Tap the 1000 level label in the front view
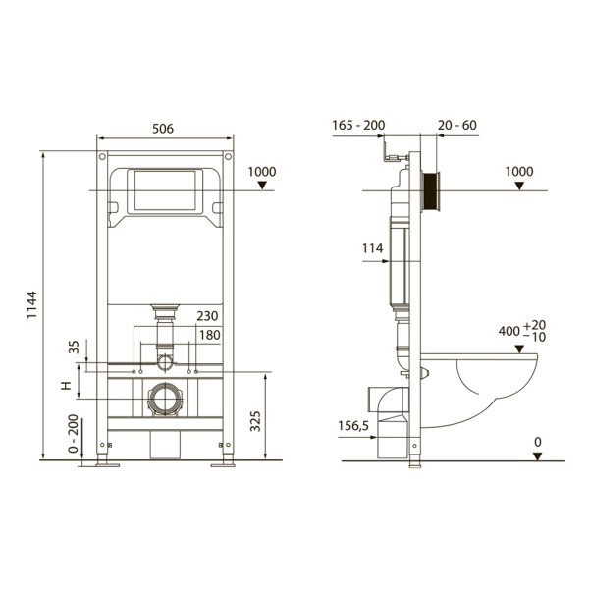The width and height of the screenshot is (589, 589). [262, 172]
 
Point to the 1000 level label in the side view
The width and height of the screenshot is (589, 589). [519, 172]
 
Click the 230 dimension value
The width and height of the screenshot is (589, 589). [207, 316]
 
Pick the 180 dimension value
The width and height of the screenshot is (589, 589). [207, 335]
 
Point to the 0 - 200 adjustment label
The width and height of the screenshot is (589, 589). [72, 433]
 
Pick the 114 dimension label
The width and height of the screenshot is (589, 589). [372, 249]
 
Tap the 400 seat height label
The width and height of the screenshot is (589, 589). [510, 331]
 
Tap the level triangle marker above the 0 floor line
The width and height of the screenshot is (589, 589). [537, 455]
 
